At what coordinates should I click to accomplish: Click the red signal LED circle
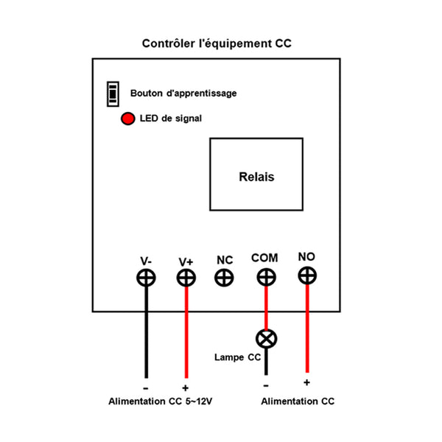click(127, 119)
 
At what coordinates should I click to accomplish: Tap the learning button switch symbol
click(113, 93)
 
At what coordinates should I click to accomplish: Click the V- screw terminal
click(146, 278)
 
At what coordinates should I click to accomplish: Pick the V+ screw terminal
click(186, 278)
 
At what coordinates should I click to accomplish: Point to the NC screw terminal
click(224, 278)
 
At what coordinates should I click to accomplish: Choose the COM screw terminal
click(266, 277)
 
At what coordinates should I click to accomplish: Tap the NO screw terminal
click(306, 276)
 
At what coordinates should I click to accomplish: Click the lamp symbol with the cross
click(266, 339)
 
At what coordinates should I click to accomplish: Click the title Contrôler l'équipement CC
click(217, 43)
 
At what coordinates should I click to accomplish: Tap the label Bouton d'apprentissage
click(183, 94)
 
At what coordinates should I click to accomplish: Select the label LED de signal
click(170, 119)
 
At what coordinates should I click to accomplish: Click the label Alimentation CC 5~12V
click(162, 401)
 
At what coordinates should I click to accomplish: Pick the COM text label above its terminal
click(264, 258)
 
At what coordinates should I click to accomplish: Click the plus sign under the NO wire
click(306, 382)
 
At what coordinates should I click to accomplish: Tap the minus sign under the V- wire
click(146, 387)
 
